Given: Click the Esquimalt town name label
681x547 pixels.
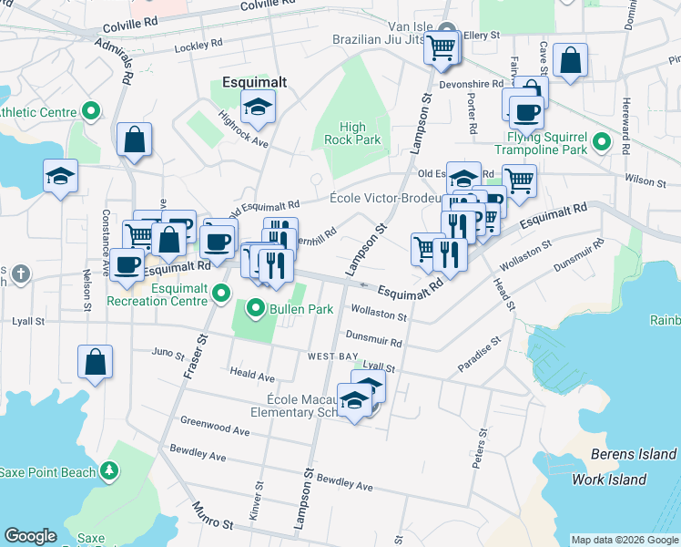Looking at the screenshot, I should point(254,82).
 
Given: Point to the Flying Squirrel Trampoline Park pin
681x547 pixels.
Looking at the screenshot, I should point(600,142).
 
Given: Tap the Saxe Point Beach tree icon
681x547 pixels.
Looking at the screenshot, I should point(109,470).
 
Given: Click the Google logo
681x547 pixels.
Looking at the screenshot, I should point(30,536).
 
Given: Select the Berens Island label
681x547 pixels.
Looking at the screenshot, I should point(633,454).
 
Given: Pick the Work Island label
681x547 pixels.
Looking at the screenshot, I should point(608,480).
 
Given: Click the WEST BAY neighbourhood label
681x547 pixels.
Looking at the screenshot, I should point(331,356).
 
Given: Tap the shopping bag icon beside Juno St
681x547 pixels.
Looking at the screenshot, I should point(95,362).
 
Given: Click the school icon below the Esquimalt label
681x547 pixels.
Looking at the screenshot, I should point(258,107).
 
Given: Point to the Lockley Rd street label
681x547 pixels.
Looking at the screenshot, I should point(199,44).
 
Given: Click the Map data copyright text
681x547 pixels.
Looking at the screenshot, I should point(623,540).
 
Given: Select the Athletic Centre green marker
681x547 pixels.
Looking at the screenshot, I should point(90,113).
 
